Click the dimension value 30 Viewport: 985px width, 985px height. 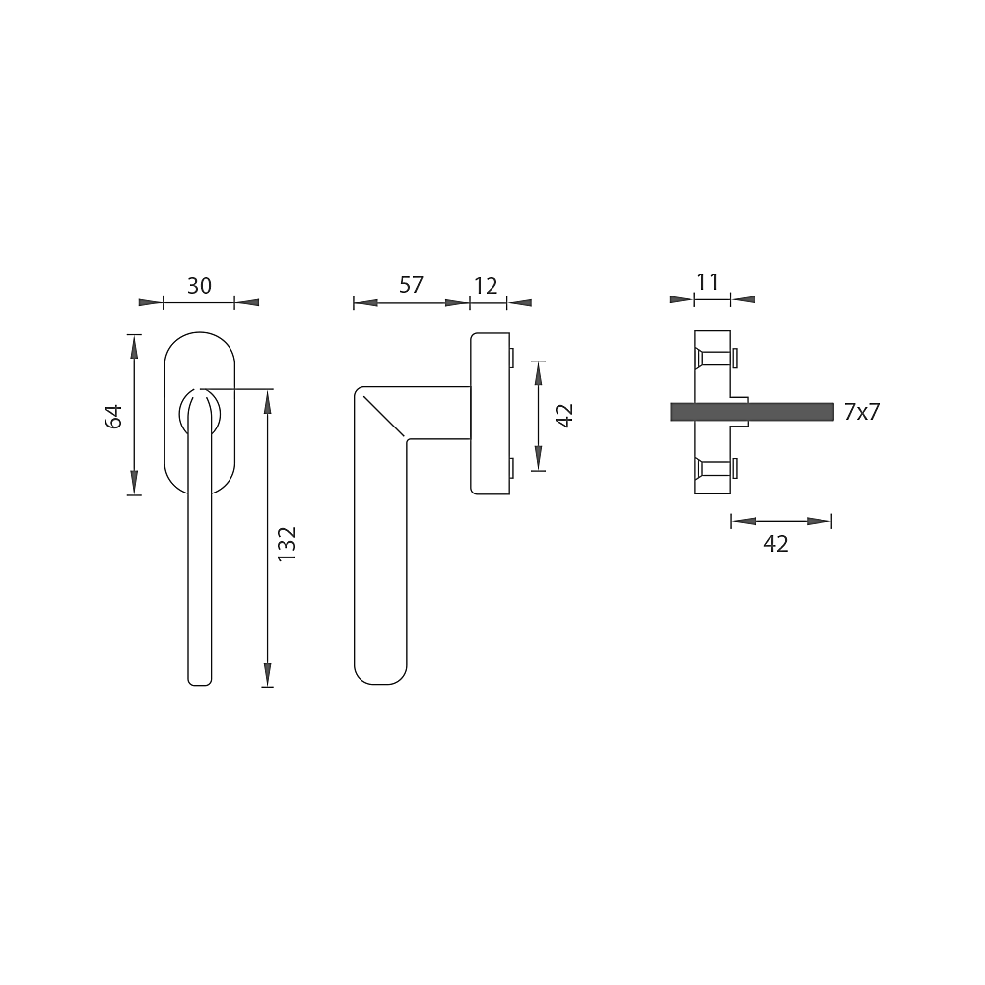199,286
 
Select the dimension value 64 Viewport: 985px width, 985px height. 113,417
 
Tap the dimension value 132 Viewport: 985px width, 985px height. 286,544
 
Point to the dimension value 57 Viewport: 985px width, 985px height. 412,285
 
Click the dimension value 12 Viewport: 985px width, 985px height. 486,286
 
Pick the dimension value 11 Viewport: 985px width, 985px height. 707,282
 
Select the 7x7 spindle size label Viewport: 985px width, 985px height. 863,412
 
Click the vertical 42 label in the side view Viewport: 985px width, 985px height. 565,416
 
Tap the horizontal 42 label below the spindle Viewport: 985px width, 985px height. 776,544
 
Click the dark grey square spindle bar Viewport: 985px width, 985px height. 752,412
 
